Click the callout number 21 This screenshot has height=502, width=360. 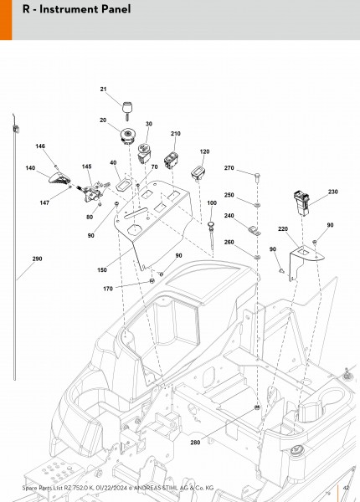pyautogui.click(x=103, y=90)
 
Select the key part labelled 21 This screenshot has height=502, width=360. pyautogui.click(x=127, y=110)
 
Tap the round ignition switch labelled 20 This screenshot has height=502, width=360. pyautogui.click(x=128, y=136)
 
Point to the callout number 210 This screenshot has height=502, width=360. pyautogui.click(x=176, y=134)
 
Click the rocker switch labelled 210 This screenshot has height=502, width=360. pyautogui.click(x=170, y=160)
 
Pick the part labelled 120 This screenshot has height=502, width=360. pyautogui.click(x=198, y=173)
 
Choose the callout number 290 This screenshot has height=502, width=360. pyautogui.click(x=37, y=259)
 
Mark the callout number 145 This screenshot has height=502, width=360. pyautogui.click(x=86, y=166)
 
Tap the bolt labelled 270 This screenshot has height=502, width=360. pyautogui.click(x=257, y=177)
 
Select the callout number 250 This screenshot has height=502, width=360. pyautogui.click(x=229, y=195)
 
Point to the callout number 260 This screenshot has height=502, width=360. pyautogui.click(x=229, y=242)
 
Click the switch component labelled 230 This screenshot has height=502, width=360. pyautogui.click(x=301, y=203)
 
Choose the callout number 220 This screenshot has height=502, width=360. pyautogui.click(x=283, y=229)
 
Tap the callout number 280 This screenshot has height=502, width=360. pyautogui.click(x=195, y=443)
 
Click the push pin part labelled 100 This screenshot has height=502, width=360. pyautogui.click(x=211, y=233)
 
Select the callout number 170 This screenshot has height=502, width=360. pyautogui.click(x=108, y=289)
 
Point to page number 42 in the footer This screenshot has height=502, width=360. pyautogui.click(x=346, y=488)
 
